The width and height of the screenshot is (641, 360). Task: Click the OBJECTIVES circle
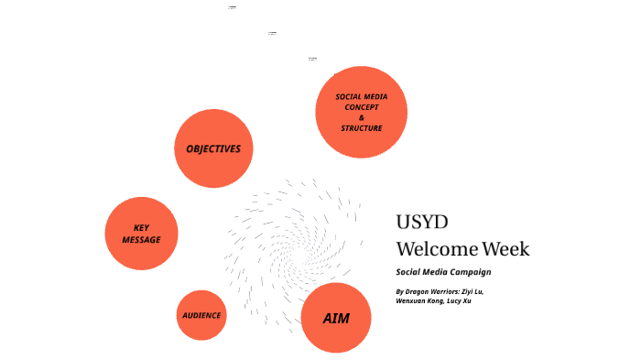tap(213, 148)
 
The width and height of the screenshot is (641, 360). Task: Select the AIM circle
tap(335, 318)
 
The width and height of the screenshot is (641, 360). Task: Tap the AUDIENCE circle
tap(201, 315)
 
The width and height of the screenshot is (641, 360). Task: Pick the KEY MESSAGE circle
tap(141, 234)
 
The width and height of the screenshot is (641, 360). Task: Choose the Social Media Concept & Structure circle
tap(361, 112)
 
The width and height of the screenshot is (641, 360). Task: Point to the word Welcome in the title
tap(437, 248)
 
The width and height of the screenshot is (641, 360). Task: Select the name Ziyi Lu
tap(470, 291)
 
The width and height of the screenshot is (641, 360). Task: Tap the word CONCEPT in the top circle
tap(361, 107)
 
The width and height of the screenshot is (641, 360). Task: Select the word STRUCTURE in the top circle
tap(361, 128)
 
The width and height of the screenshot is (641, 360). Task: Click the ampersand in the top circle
tap(361, 117)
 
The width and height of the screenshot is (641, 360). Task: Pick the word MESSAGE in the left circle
tap(141, 240)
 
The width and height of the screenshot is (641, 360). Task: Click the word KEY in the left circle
tap(141, 228)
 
